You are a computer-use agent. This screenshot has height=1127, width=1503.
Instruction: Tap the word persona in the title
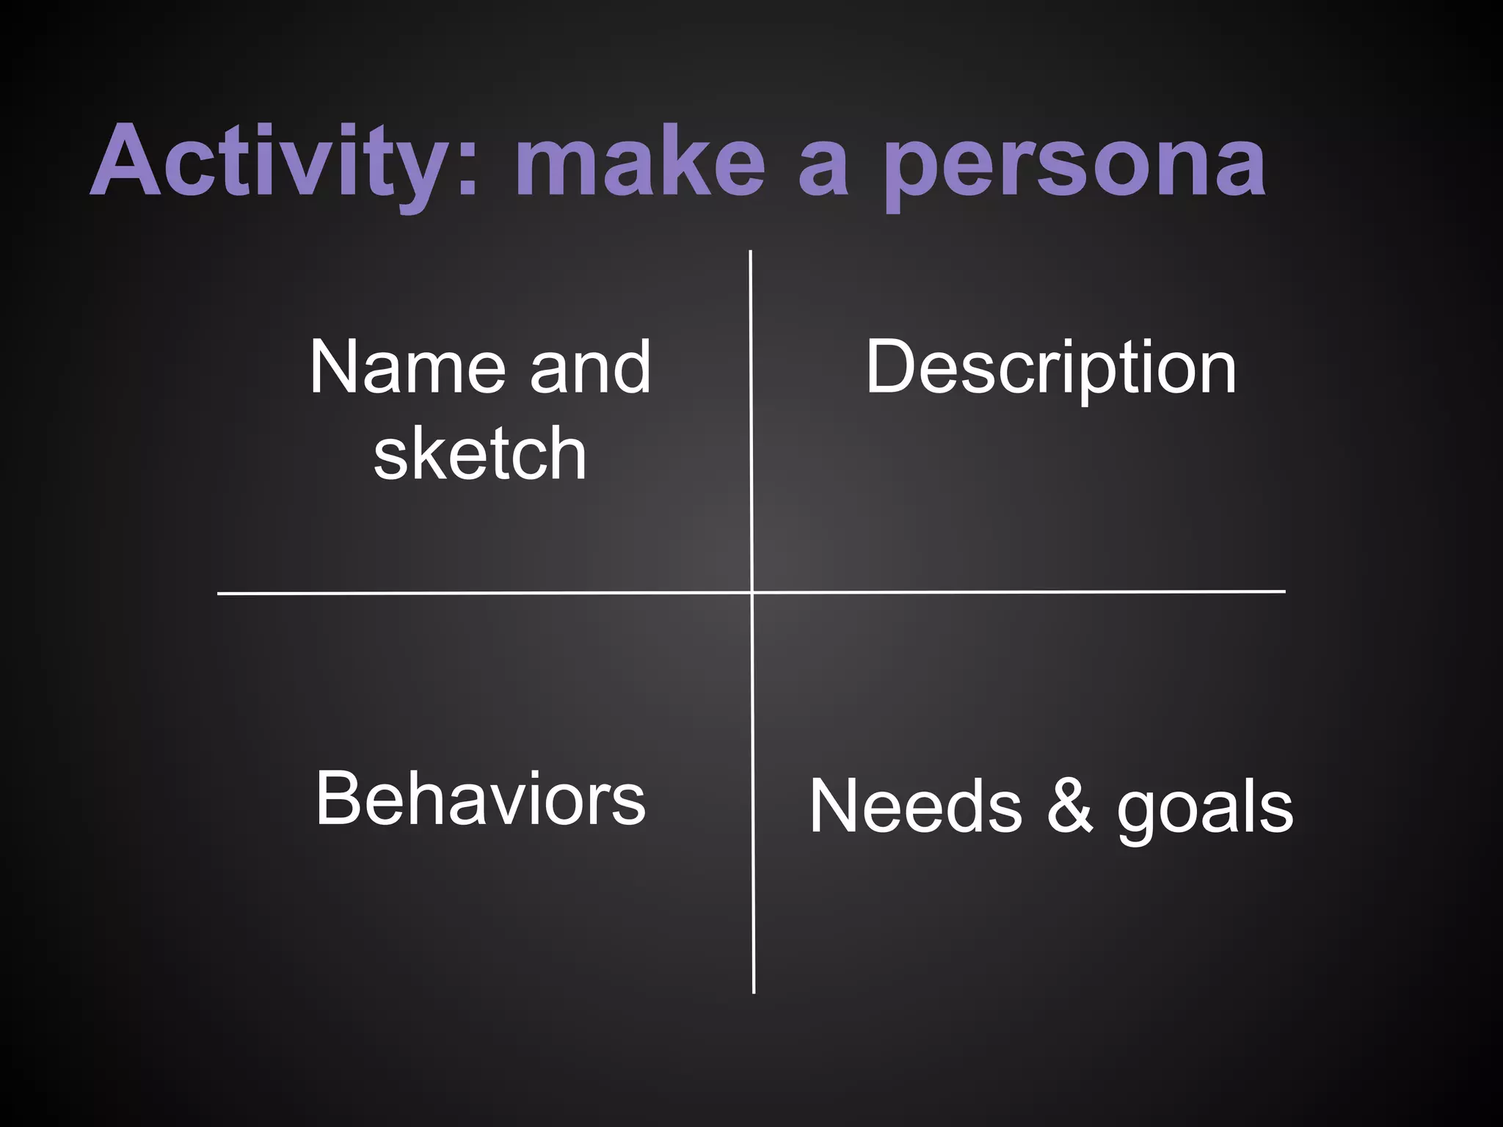point(1074,165)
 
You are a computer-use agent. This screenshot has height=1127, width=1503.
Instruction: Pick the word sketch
point(480,453)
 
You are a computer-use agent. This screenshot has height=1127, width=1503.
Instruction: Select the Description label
point(1051,368)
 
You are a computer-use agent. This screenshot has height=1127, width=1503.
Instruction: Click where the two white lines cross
point(752,592)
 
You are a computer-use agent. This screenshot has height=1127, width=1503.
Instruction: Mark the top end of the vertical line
point(750,252)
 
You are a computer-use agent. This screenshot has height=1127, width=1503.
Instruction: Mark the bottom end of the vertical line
point(754,992)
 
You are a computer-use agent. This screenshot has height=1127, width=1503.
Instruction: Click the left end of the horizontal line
point(219,594)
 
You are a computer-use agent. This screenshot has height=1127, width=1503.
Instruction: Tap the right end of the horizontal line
point(1284,591)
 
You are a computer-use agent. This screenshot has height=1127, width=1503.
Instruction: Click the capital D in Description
point(889,367)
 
